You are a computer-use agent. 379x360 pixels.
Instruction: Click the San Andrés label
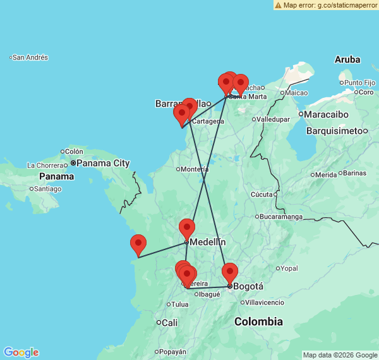[30, 57]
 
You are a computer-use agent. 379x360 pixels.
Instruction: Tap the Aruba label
[347, 59]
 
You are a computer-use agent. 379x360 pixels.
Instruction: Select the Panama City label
[104, 163]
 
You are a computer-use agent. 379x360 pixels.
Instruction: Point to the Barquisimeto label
[335, 131]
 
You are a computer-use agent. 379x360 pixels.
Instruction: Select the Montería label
[194, 169]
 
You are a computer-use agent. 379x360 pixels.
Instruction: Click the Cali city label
[169, 323]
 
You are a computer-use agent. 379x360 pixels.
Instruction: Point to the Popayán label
[172, 352]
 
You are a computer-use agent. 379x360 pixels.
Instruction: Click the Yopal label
[289, 268]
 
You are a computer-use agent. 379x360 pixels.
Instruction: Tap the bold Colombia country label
[258, 322]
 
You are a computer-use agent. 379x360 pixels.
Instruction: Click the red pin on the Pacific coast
[138, 244]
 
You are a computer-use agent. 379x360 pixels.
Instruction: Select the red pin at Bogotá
[229, 273]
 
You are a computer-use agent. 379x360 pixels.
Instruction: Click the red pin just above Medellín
[187, 228]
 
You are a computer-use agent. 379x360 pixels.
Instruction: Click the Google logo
[21, 352]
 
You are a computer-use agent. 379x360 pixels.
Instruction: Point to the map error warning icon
[278, 5]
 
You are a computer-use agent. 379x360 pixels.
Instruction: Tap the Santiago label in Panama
[49, 189]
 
